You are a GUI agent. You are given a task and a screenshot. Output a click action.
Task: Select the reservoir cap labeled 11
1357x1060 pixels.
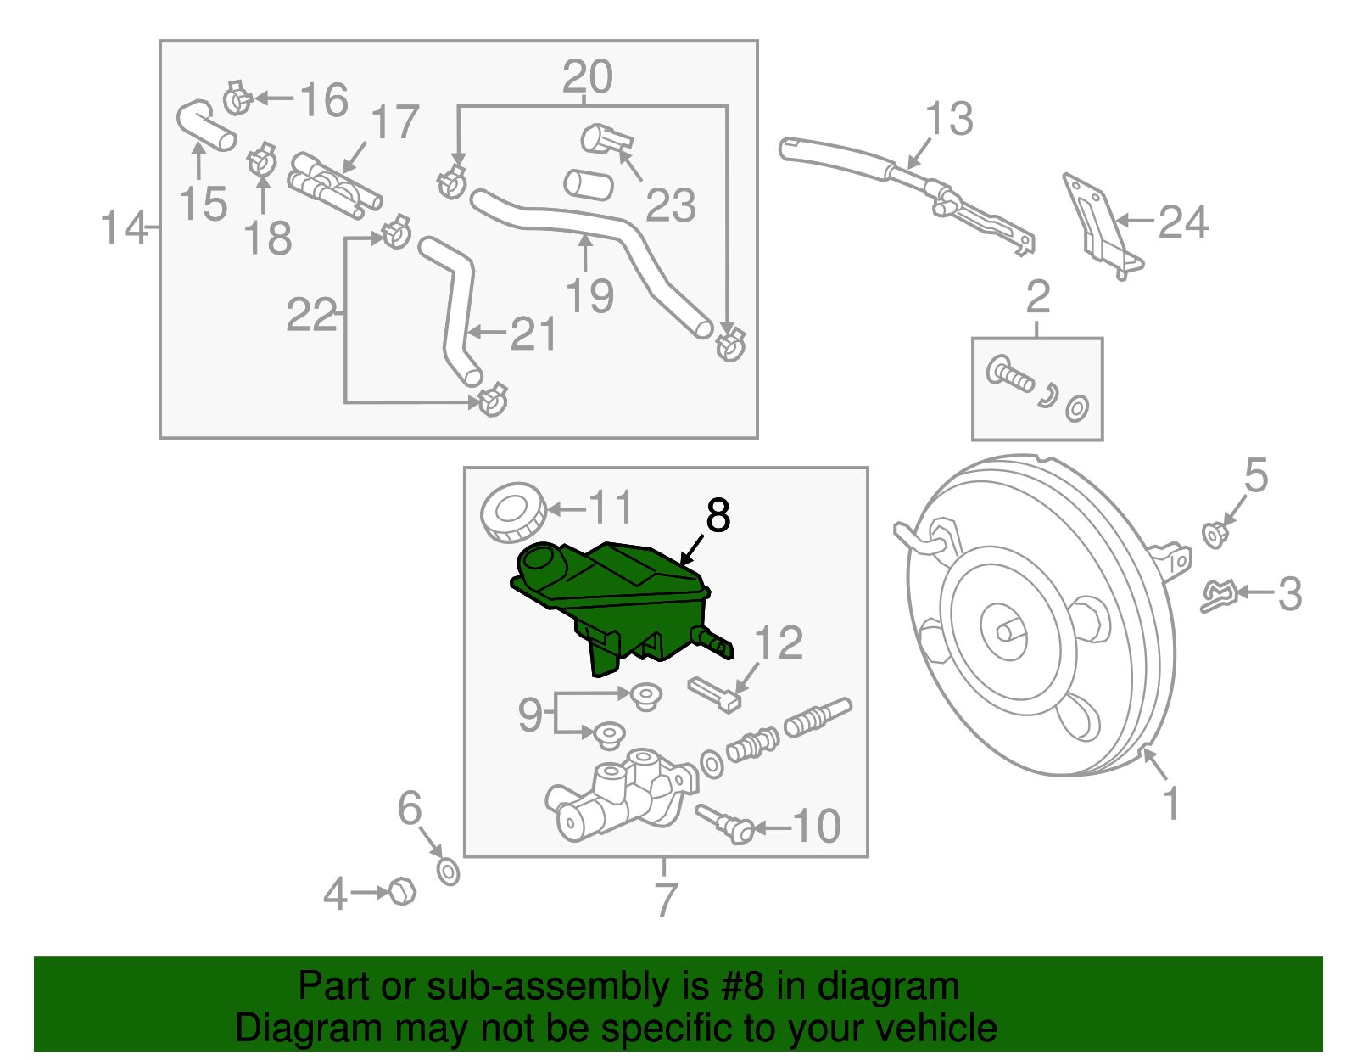pos(512,512)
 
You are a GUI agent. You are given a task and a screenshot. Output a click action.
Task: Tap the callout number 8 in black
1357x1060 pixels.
pos(718,516)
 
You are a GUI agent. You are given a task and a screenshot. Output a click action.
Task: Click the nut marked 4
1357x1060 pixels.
pos(401,892)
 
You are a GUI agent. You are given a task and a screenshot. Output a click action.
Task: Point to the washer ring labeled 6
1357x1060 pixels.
pos(448,871)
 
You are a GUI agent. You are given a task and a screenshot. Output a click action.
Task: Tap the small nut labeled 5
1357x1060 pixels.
pos(1215,535)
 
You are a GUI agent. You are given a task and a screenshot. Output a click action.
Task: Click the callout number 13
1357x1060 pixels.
pos(948,119)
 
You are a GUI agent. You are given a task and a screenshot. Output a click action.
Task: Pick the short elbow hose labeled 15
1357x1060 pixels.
pos(204,126)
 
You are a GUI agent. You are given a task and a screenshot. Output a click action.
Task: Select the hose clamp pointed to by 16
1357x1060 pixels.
pos(237,99)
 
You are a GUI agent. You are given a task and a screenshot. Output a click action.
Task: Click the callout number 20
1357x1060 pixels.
pos(587,78)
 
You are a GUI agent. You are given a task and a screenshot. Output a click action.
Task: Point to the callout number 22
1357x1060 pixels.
pos(311,316)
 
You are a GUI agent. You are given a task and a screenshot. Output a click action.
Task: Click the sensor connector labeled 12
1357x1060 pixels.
pos(714,693)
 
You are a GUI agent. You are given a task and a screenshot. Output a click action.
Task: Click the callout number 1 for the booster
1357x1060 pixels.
pos(1171,803)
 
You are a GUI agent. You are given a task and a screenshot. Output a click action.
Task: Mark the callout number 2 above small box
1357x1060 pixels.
pos(1038,298)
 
